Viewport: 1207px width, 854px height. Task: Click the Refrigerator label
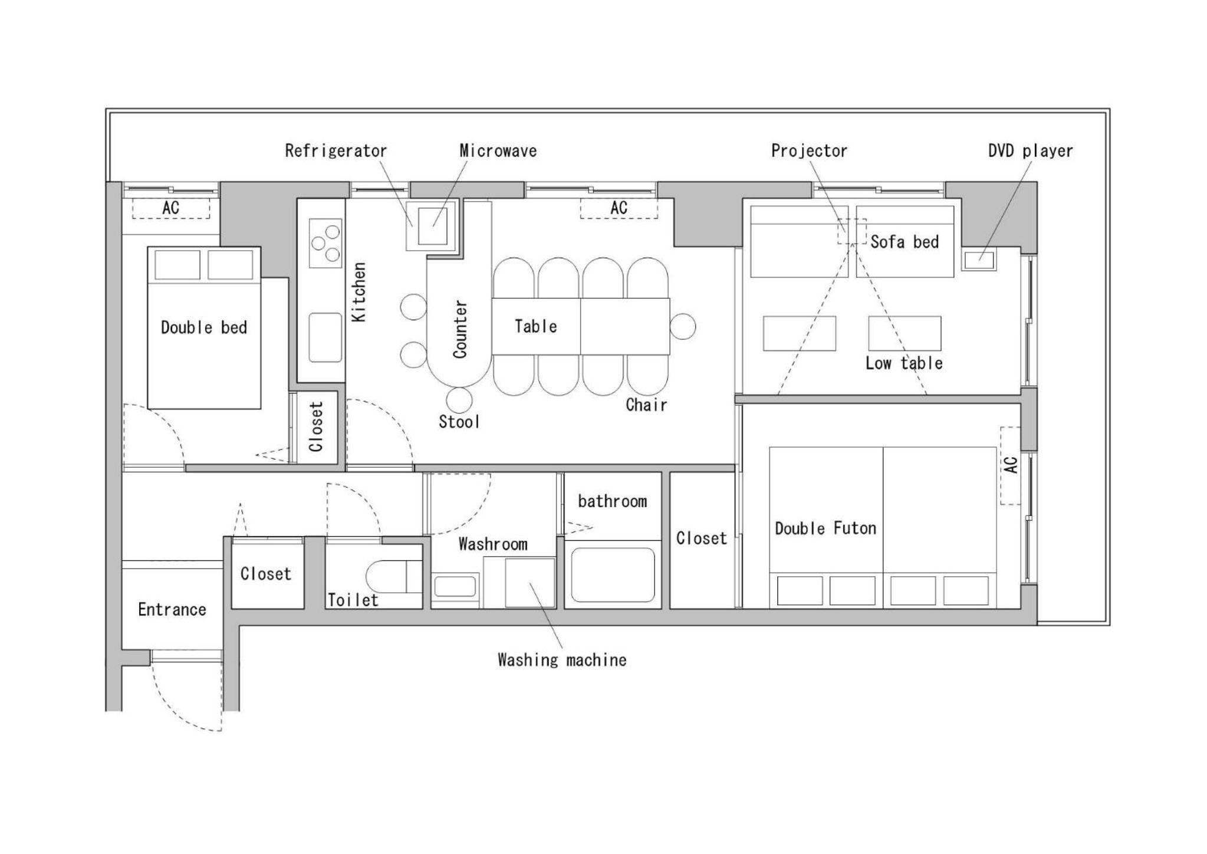click(x=336, y=151)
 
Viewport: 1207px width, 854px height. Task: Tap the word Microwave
click(x=498, y=151)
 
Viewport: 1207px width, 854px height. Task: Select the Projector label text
click(x=809, y=151)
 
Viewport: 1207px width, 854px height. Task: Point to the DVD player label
click(x=1030, y=151)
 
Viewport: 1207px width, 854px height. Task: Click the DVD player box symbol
click(x=979, y=260)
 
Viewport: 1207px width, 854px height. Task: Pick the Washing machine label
click(x=562, y=659)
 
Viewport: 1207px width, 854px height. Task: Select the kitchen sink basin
click(x=325, y=337)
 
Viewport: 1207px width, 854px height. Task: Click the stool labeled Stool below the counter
click(x=459, y=400)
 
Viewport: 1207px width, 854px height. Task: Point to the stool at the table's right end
click(x=683, y=326)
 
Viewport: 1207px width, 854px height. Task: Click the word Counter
click(x=461, y=329)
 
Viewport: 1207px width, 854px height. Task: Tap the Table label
click(x=535, y=326)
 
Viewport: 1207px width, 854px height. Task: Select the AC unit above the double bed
click(x=170, y=208)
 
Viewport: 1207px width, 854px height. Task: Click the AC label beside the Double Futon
click(x=1011, y=465)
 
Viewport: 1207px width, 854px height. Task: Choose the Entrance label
click(x=172, y=609)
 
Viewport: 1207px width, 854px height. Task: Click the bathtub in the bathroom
click(x=613, y=576)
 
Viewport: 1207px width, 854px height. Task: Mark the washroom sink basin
click(x=455, y=587)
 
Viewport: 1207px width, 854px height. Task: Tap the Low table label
click(x=904, y=363)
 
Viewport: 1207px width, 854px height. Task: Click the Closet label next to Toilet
click(x=266, y=574)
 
